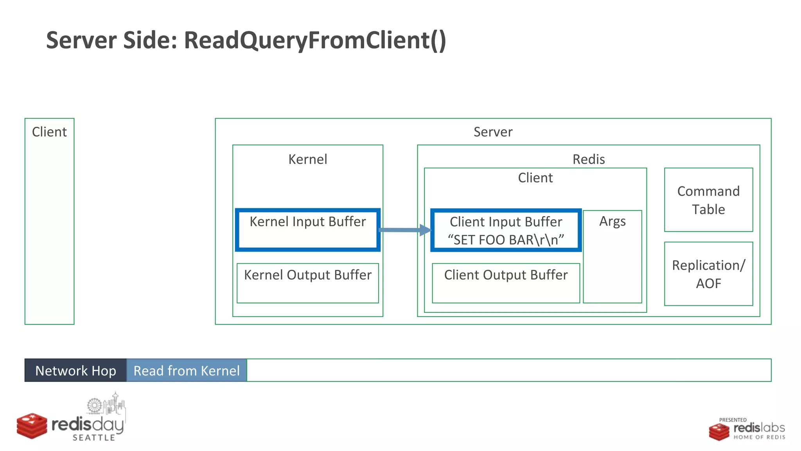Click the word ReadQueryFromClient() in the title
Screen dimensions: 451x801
pyautogui.click(x=315, y=40)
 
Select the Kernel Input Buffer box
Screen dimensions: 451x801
pyautogui.click(x=308, y=230)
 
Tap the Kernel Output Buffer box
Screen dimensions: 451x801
pyautogui.click(x=308, y=283)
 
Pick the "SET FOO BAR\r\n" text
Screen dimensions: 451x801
pyautogui.click(x=506, y=240)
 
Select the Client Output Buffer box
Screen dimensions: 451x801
pyautogui.click(x=506, y=283)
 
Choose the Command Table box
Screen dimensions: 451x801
pyautogui.click(x=708, y=200)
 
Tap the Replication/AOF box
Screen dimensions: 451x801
pyautogui.click(x=708, y=274)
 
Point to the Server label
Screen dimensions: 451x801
pyautogui.click(x=493, y=132)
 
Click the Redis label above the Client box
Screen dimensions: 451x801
pyautogui.click(x=589, y=159)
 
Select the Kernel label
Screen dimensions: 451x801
pyautogui.click(x=308, y=159)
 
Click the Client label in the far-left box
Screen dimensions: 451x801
pyautogui.click(x=49, y=132)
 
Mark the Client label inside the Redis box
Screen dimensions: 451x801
pyautogui.click(x=535, y=178)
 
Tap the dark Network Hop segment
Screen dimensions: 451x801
pyautogui.click(x=75, y=370)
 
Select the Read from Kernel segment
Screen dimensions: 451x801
pyautogui.click(x=187, y=370)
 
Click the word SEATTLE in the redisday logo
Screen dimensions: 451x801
pyautogui.click(x=94, y=438)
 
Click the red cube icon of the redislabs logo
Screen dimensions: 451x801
pyautogui.click(x=719, y=432)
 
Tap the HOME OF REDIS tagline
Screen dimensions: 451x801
pyautogui.click(x=759, y=437)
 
